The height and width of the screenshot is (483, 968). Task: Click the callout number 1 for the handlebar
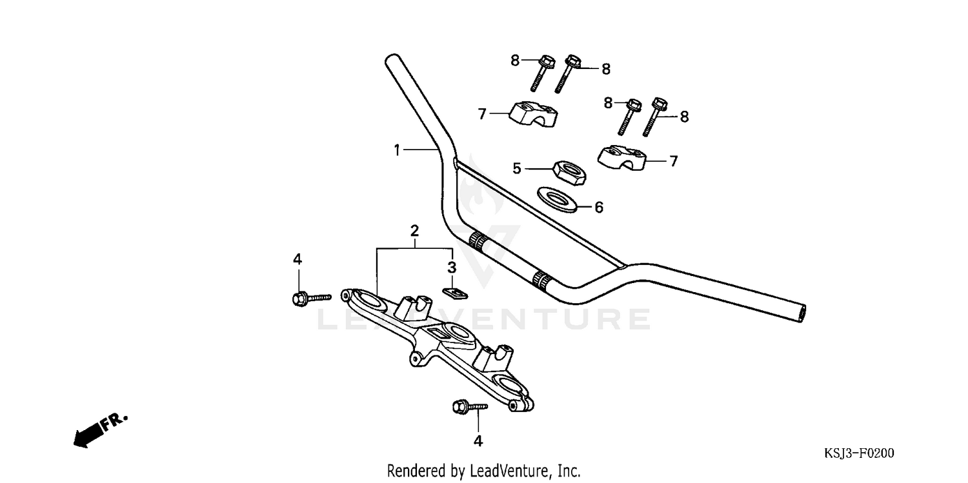[398, 150]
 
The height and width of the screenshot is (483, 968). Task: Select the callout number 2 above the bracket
[414, 230]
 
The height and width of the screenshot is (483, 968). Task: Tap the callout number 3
[452, 266]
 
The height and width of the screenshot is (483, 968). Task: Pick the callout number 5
[516, 168]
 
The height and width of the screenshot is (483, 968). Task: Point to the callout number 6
[598, 207]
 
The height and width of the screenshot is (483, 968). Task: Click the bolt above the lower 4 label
[470, 406]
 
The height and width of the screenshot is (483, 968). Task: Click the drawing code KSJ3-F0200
[859, 453]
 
